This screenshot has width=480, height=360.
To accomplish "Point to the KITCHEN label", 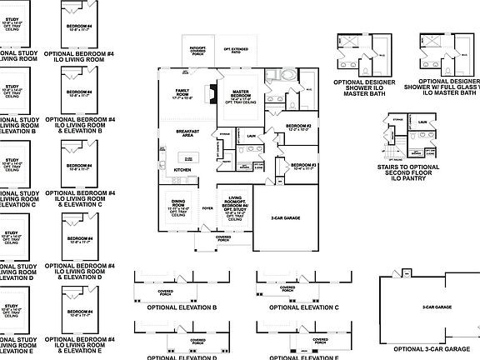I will coord(182,170).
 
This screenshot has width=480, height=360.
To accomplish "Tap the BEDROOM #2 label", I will coord(298,127).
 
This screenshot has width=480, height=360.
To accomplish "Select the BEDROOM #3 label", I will coord(303,166).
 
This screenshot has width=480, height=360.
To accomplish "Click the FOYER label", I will coord(207,208).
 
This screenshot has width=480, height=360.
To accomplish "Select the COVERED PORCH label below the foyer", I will coord(223,238).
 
